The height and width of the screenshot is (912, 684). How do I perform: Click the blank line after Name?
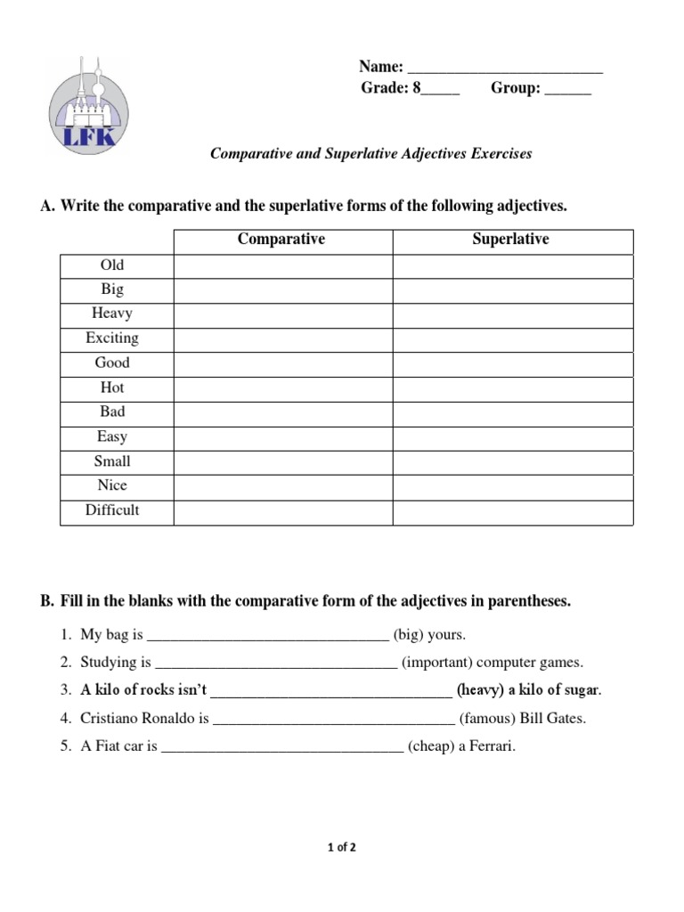point(505,69)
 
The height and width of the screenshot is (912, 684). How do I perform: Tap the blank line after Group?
point(567,90)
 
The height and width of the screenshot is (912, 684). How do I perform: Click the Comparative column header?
point(281,240)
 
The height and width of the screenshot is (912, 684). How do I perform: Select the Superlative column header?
point(510,240)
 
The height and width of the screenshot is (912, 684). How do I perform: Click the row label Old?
point(113,265)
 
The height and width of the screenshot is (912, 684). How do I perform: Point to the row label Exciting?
point(112,338)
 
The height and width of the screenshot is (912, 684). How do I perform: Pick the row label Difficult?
point(112,511)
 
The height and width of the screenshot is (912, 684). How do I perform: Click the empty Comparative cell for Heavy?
point(282,314)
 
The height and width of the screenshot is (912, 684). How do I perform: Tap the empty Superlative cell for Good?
point(512,363)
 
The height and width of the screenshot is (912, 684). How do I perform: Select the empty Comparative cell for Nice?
point(282,486)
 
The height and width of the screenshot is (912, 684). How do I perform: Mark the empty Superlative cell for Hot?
point(512,388)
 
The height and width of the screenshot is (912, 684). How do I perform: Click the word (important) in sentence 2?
point(440,663)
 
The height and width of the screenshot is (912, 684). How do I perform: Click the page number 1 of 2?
point(342,848)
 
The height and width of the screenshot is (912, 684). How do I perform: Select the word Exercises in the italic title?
point(502,154)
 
